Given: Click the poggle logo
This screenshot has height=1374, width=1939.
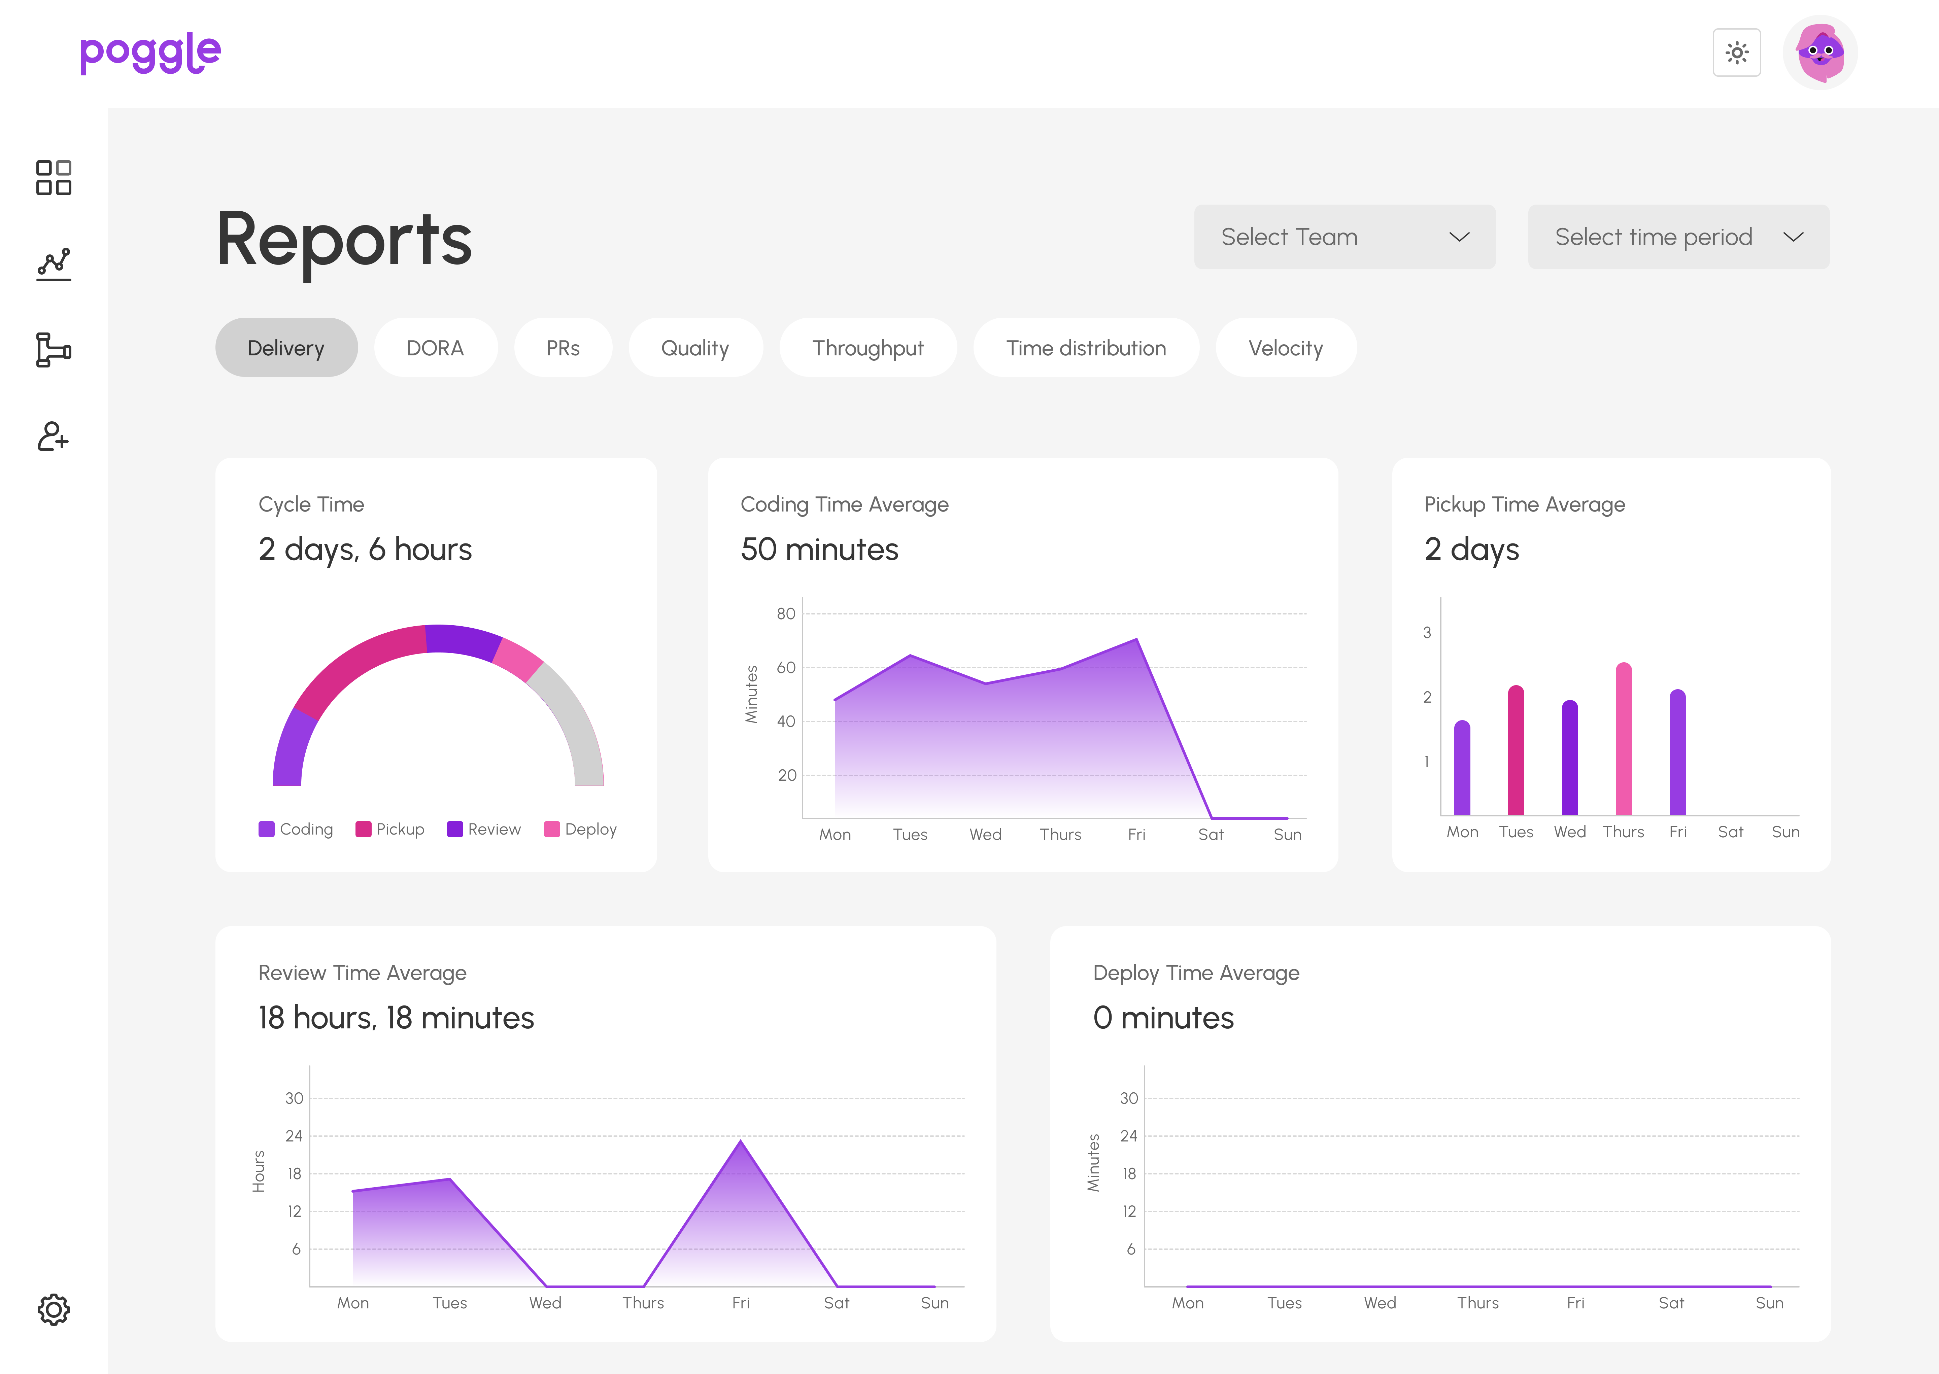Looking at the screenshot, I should pos(150,53).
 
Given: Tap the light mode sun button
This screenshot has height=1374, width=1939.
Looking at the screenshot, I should pos(1736,52).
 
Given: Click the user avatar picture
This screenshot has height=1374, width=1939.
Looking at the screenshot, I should pos(1819,52).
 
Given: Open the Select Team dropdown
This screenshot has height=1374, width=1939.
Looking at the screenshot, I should pos(1344,237).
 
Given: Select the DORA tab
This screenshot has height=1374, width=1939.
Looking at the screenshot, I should pos(435,348).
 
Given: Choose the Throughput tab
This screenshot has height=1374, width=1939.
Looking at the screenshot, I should pos(868,348).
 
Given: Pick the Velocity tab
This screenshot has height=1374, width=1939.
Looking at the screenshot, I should pos(1285,348).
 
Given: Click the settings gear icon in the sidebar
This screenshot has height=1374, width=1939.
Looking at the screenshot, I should pos(53,1309).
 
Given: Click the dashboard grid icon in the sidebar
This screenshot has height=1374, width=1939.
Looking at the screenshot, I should pos(53,178).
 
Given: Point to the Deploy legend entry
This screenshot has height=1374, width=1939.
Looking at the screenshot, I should pos(581,829).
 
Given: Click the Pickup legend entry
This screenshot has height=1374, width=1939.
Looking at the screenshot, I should pos(390,829).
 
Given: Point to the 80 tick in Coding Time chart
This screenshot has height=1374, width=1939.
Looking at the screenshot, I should pos(785,613).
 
